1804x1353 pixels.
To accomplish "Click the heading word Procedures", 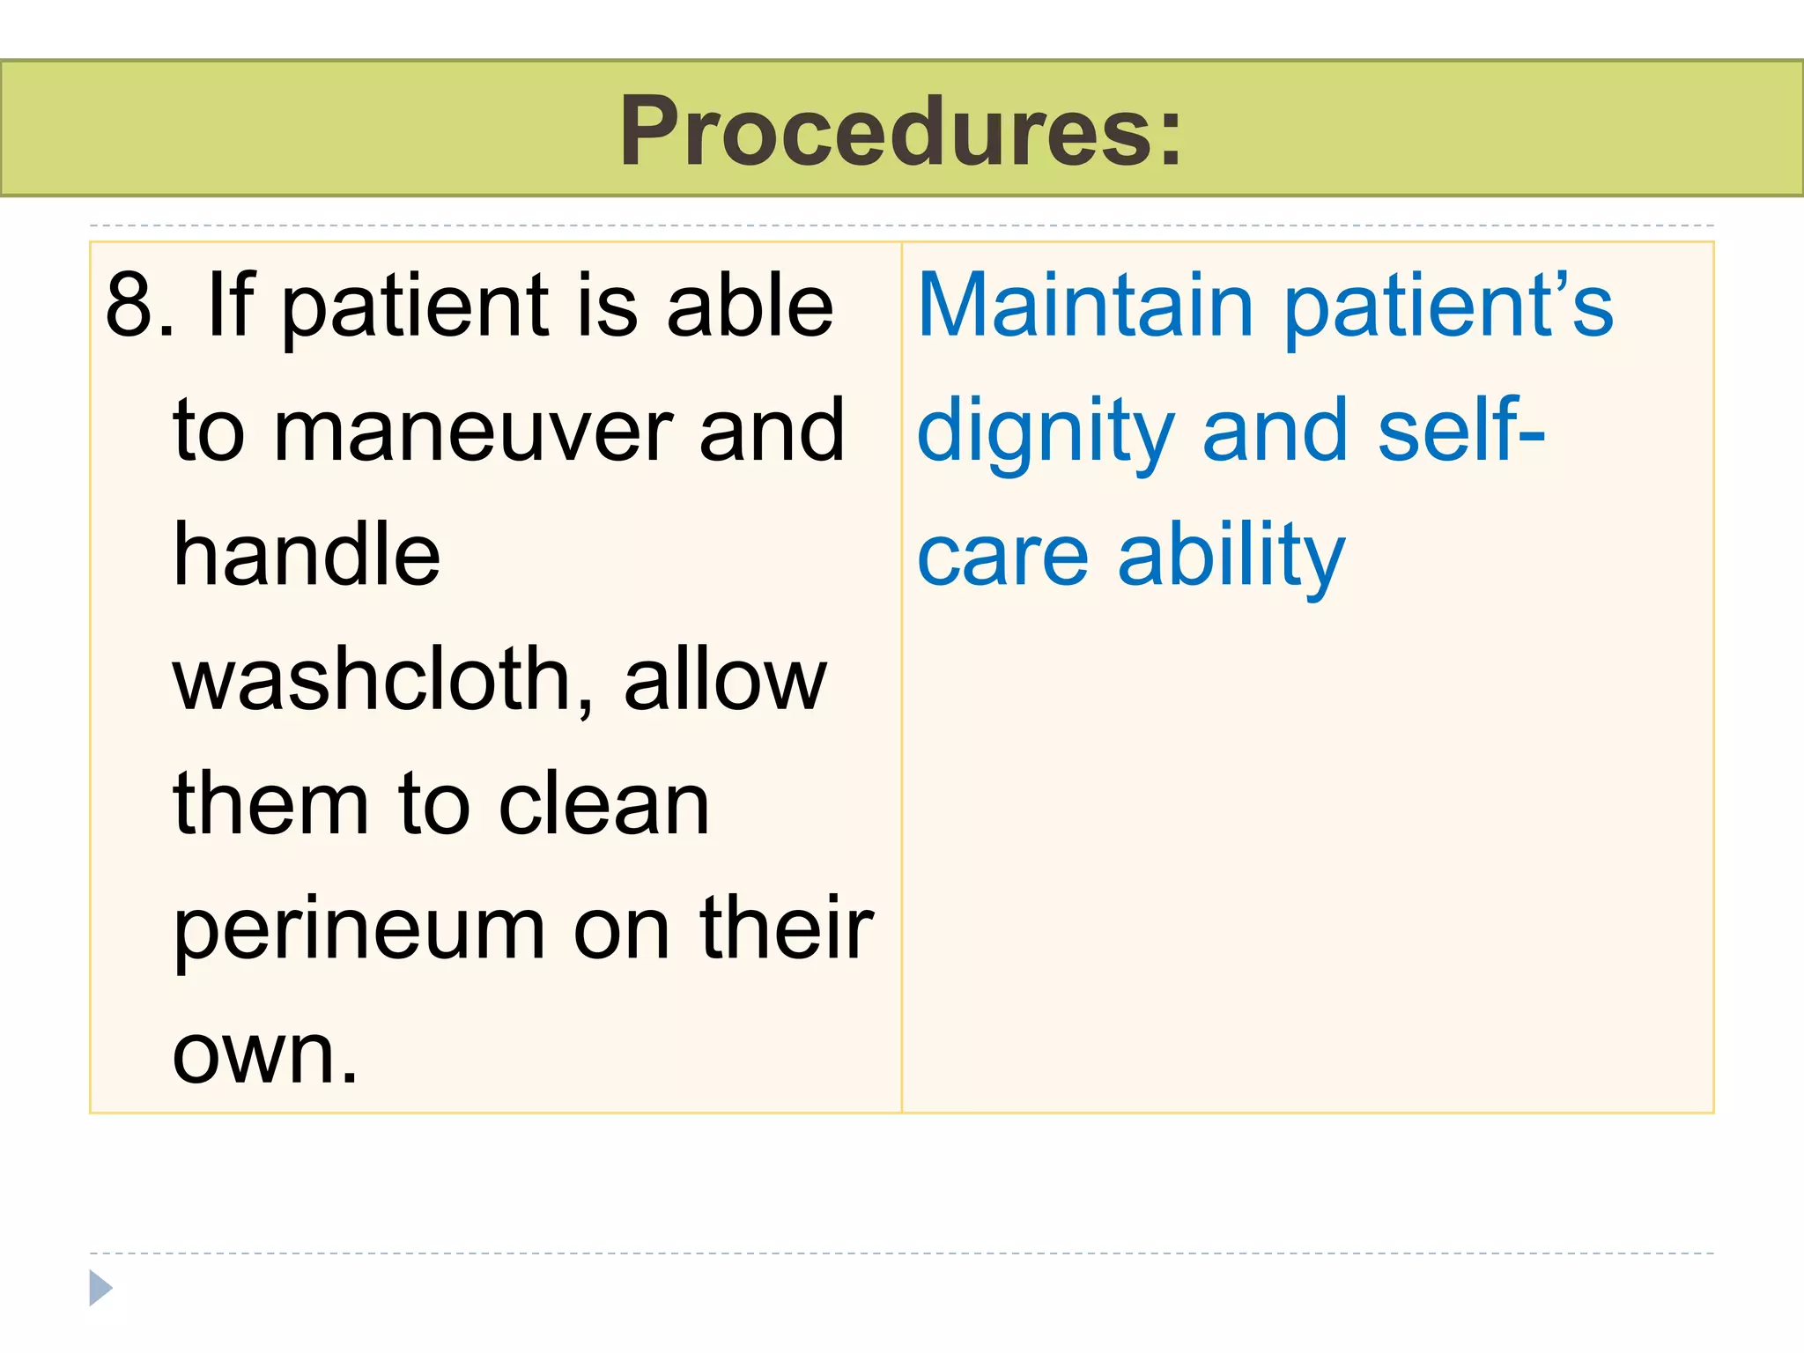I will click(900, 132).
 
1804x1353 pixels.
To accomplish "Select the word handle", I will click(307, 555).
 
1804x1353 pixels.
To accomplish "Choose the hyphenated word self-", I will click(1460, 431).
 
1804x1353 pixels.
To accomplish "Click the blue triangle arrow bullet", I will click(100, 1288).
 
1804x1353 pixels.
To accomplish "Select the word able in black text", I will click(750, 305).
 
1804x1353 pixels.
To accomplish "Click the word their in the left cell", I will click(786, 928).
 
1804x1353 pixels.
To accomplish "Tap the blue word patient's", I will click(1449, 305).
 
